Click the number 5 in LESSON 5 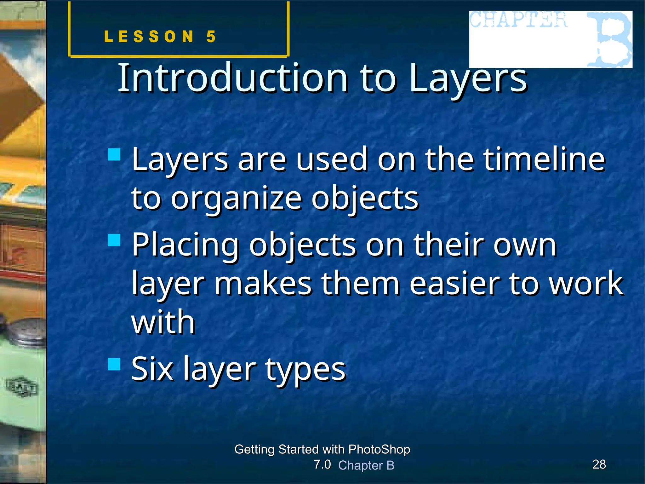coord(211,37)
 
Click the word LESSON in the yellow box coord(149,37)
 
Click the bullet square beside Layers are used coord(114,155)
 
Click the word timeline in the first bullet coord(544,159)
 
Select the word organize coord(236,199)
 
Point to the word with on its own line coord(163,321)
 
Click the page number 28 coord(599,464)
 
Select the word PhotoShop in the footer coord(379,449)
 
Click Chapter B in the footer coord(366,465)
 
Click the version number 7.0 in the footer coord(322,464)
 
